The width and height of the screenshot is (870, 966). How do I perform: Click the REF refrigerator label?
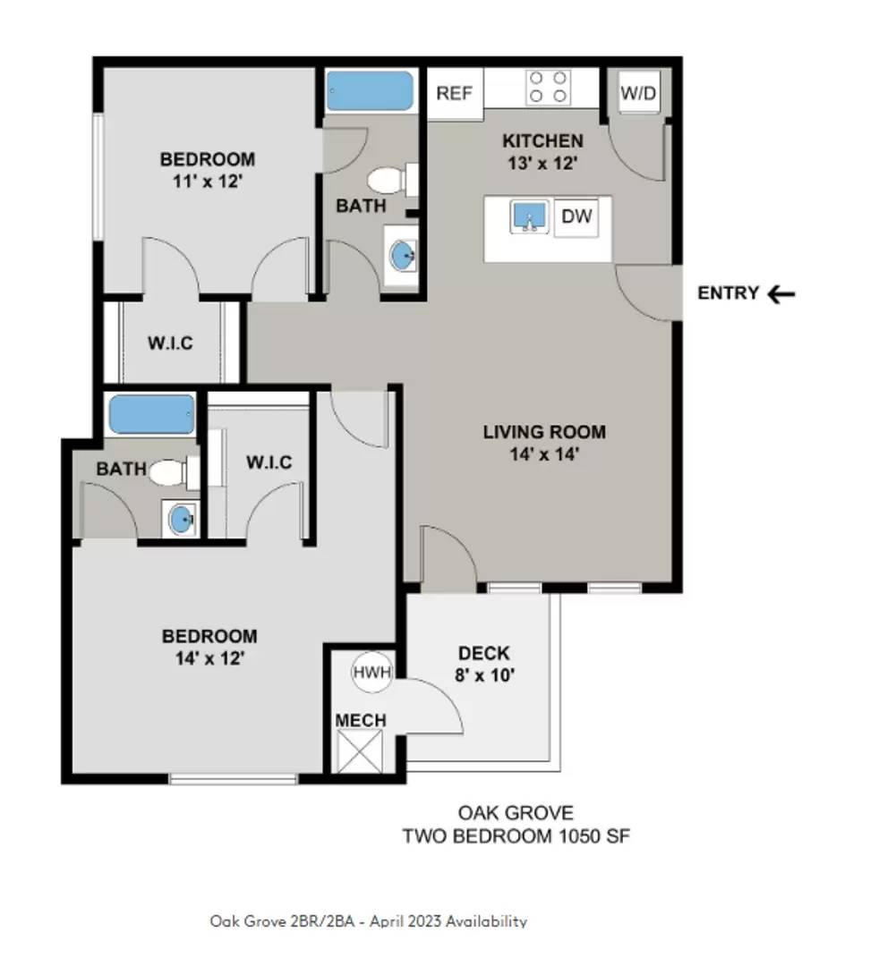coord(454,93)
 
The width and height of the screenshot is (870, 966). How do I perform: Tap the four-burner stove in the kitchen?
coord(548,87)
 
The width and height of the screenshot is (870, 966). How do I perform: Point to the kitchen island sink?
coord(530,216)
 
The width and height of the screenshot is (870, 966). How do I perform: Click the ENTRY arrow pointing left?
coord(781,293)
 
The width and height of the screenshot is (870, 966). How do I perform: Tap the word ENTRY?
coord(729,293)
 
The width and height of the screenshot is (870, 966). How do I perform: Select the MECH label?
coord(361,720)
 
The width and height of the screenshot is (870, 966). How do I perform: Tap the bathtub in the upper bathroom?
coord(369,91)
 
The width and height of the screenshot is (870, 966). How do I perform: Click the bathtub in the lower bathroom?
coord(151,414)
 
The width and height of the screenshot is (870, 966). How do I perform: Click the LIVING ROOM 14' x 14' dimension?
coord(544,453)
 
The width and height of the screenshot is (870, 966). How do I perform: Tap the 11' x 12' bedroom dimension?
coord(207,181)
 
